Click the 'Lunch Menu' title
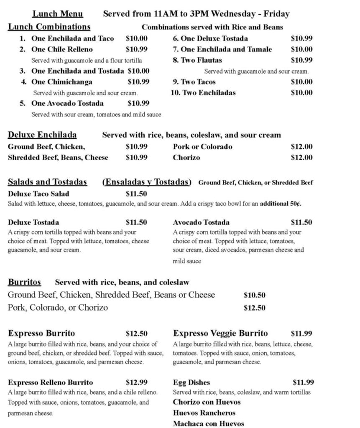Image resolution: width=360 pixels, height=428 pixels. (x=58, y=14)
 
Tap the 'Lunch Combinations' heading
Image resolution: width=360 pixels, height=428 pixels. (x=49, y=27)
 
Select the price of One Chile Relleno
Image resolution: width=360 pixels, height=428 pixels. (x=136, y=49)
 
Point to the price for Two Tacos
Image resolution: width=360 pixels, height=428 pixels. (x=301, y=82)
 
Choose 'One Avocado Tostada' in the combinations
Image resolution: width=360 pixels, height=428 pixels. (x=67, y=103)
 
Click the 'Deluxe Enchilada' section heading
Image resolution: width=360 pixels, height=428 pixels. (x=42, y=135)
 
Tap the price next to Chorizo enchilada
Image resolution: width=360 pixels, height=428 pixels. (x=301, y=158)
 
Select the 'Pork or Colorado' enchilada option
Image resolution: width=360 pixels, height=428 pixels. (x=202, y=147)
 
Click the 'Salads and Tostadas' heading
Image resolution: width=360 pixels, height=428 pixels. (x=47, y=182)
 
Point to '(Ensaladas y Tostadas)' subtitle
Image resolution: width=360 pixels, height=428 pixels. (x=147, y=182)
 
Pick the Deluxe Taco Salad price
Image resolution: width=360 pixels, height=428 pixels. (x=136, y=194)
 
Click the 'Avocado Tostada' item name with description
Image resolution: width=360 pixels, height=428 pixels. (x=201, y=222)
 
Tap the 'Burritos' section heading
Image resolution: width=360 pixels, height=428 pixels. (x=24, y=282)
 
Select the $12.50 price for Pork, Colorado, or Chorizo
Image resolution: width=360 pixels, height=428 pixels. (x=254, y=308)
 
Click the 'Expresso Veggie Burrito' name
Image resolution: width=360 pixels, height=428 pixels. (x=220, y=334)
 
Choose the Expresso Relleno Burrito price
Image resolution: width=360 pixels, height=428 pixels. (x=136, y=382)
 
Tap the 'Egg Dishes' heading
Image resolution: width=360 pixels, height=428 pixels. (x=191, y=382)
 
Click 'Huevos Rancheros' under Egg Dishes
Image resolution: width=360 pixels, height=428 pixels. (x=204, y=413)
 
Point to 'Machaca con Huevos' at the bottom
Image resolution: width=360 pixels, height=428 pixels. (x=208, y=424)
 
